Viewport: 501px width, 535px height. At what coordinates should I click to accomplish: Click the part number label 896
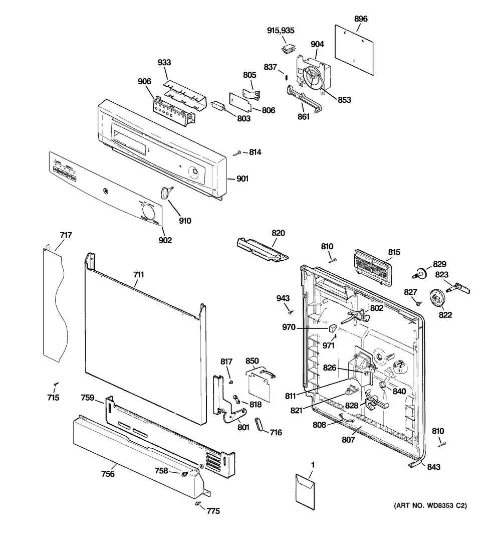click(x=361, y=19)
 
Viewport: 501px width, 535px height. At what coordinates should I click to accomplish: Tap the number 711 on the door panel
click(x=138, y=274)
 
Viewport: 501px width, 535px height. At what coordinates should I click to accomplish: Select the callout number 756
click(x=108, y=474)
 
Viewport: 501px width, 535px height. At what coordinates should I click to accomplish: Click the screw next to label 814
click(x=239, y=152)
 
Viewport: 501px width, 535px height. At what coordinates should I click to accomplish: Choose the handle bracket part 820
click(x=262, y=249)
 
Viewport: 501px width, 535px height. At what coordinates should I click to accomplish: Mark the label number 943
click(x=283, y=299)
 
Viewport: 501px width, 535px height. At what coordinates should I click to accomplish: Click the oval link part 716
click(x=260, y=424)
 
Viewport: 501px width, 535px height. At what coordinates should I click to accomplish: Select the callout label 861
click(x=304, y=117)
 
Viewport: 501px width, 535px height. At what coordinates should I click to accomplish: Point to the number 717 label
click(x=66, y=235)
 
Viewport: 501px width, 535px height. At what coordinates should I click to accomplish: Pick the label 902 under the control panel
click(x=165, y=241)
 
